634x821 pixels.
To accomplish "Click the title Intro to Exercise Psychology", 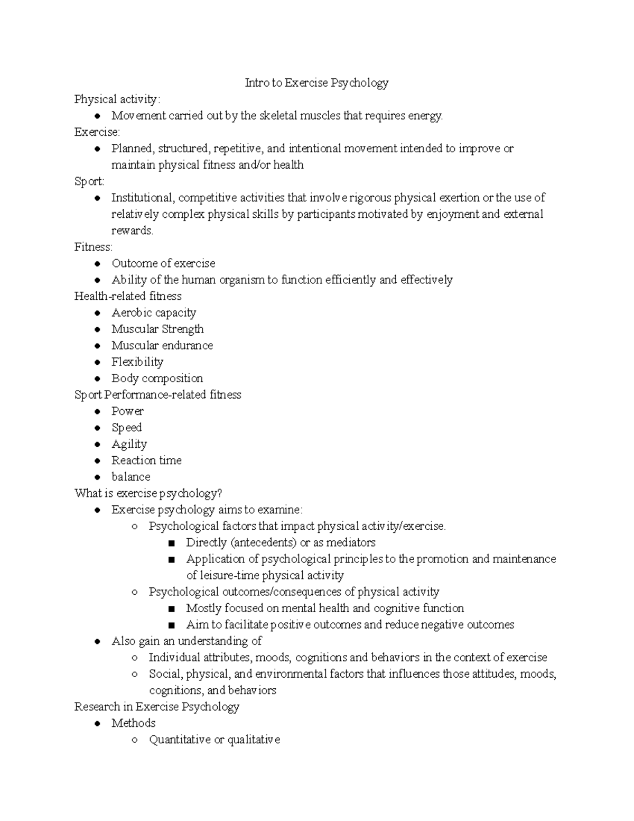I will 316,83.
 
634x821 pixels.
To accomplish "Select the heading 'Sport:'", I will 89,181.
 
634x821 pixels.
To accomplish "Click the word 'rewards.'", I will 132,230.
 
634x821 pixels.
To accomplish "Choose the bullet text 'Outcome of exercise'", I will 163,263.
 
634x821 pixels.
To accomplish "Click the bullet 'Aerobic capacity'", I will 154,312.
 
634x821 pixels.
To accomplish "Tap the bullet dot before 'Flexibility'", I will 97,362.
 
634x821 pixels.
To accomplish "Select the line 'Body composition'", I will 157,378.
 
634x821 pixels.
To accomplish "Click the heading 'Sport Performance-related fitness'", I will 157,394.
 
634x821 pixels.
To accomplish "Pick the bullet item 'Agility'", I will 129,444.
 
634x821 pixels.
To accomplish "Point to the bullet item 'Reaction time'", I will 146,460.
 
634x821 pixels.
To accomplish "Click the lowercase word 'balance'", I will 130,477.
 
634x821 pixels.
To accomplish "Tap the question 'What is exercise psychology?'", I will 148,493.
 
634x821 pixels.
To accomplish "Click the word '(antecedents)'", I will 263,542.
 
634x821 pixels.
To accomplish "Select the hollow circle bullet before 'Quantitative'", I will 135,740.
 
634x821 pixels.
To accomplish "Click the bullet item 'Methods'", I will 133,723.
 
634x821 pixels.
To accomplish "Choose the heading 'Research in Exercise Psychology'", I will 156,707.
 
